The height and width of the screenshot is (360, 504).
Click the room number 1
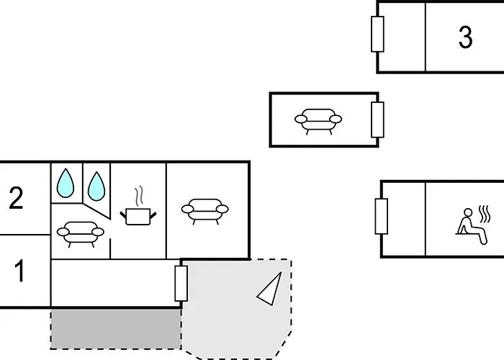[x=19, y=271]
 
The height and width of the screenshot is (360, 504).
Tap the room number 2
[x=16, y=198]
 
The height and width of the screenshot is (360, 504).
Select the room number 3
[x=465, y=37]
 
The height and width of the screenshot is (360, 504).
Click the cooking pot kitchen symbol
[x=138, y=217]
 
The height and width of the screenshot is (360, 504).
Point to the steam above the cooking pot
[x=139, y=196]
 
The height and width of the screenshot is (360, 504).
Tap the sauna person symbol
[x=472, y=226]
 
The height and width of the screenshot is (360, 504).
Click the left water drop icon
[x=66, y=183]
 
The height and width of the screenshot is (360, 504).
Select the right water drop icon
[x=96, y=186]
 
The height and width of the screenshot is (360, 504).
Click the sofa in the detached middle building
[x=318, y=122]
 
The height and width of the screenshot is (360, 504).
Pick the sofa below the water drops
[x=81, y=234]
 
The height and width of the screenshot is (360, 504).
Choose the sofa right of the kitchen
[x=205, y=212]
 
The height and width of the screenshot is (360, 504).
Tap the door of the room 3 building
[x=377, y=34]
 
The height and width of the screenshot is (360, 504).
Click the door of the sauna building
[x=381, y=216]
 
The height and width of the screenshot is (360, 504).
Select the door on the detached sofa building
[x=377, y=120]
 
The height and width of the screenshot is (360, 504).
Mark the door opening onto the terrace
[x=181, y=284]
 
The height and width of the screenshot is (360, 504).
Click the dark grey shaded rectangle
[x=116, y=329]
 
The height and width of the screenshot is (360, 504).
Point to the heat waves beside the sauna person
[x=485, y=214]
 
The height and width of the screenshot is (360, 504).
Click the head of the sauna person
[x=468, y=212]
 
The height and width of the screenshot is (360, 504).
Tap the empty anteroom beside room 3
[x=402, y=37]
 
